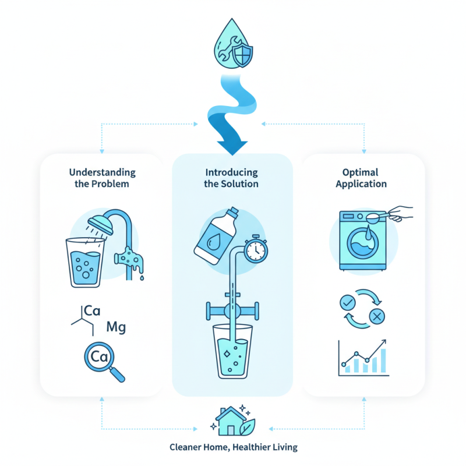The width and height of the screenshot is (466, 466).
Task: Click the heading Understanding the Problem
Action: point(102,178)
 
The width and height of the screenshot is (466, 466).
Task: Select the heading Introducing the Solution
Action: point(232,178)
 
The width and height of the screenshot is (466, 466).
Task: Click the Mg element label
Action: point(116,327)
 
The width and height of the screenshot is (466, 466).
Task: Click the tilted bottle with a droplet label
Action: point(215,235)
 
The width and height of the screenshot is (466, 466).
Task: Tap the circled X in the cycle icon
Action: point(376,317)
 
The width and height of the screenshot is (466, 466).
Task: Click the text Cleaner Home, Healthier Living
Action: point(233,447)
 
